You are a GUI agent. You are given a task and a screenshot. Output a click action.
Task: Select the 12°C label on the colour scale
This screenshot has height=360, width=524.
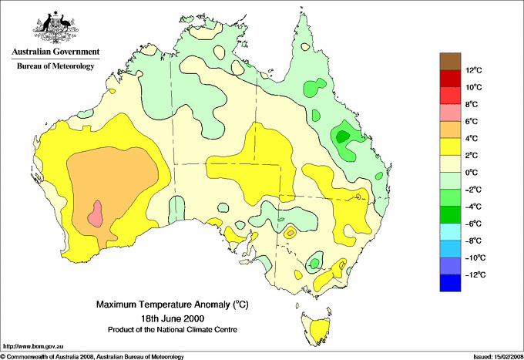click(474, 70)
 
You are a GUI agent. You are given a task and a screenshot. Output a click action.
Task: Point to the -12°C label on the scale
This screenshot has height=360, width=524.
click(474, 274)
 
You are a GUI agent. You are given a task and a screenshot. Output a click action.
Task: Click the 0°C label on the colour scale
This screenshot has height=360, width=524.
click(474, 173)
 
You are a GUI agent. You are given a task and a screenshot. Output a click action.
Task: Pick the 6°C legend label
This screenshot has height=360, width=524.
click(474, 122)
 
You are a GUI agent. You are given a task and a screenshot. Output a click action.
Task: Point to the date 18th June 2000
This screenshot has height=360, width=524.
click(172, 318)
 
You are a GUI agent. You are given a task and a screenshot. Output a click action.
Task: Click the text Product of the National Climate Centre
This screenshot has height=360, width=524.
click(172, 329)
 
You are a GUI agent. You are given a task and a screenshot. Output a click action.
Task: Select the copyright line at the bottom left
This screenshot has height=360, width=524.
click(92, 355)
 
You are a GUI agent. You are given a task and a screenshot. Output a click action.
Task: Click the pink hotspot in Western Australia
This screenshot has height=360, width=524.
click(96, 213)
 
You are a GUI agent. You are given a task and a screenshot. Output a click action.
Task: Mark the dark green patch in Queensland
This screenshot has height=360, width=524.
click(342, 136)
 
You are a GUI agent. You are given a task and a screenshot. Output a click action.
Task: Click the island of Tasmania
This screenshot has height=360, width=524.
click(315, 323)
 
